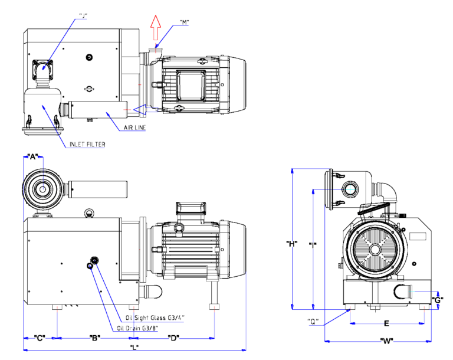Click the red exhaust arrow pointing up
pos(156,26)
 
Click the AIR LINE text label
pos(135,127)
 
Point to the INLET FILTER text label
pos(87,143)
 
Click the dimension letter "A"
pos(33,156)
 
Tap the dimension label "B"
pos(94,338)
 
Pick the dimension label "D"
pos(173,338)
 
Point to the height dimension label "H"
pos(291,243)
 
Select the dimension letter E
pos(386,323)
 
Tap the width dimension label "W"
pos(387,341)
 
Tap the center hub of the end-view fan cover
pos(375,250)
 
